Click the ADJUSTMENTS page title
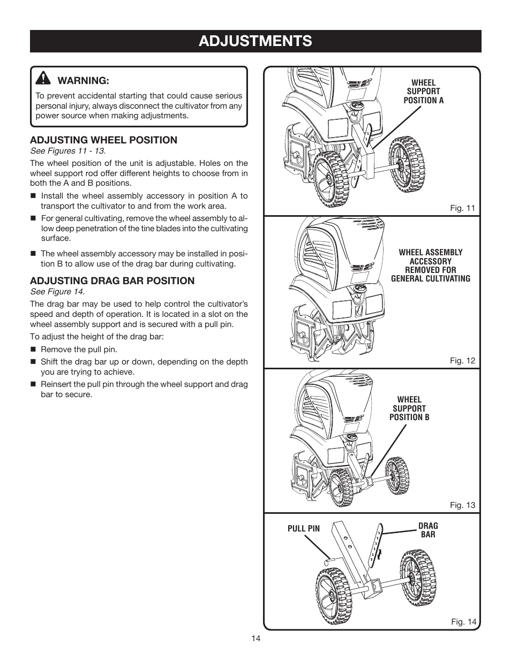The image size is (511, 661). (255, 41)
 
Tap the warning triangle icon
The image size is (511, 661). (43, 79)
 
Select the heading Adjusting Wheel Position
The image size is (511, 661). (103, 140)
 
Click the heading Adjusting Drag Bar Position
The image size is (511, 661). (112, 281)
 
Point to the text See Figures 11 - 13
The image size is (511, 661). (67, 151)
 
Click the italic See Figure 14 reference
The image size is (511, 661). (57, 292)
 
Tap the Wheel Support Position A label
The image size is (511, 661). (423, 92)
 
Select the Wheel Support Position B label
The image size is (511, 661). (409, 408)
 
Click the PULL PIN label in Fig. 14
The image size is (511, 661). (303, 529)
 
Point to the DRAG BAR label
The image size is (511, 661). (428, 530)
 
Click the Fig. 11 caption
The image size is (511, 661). (462, 208)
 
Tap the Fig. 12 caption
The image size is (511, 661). (462, 361)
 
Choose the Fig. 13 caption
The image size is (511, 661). (462, 505)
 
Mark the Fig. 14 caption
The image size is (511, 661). (463, 621)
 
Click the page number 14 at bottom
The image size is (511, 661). (255, 639)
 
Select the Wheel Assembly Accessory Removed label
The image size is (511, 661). (430, 265)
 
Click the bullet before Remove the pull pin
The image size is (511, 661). (33, 350)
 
